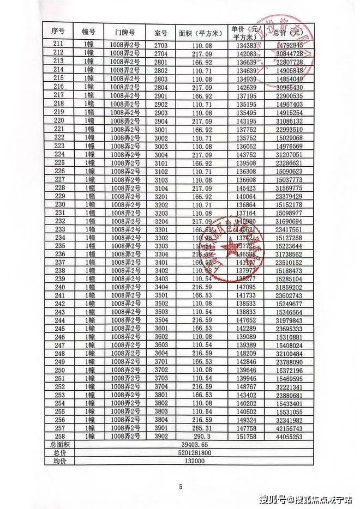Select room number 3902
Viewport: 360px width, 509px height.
point(162,437)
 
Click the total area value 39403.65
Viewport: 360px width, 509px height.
point(195,445)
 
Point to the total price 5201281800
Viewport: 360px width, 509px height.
point(195,453)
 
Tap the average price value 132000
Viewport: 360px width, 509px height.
point(195,461)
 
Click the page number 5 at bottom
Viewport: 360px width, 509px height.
point(180,487)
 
